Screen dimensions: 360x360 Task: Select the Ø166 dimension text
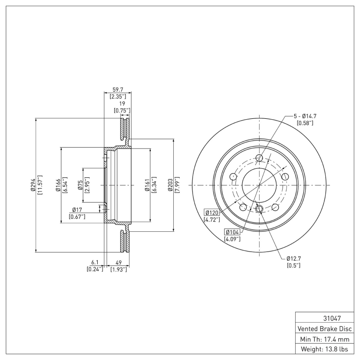coord(58,185)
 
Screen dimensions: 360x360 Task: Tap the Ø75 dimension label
coord(81,185)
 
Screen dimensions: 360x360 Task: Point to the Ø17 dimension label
coord(77,210)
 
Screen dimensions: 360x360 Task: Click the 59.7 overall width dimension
coord(118,89)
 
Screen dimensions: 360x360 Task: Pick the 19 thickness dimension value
coord(121,103)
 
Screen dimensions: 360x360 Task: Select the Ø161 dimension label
coord(147,185)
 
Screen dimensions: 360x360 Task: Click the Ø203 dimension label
coord(171,185)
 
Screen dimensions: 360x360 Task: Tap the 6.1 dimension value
coord(95,262)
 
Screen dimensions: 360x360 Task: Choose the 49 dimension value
coord(119,262)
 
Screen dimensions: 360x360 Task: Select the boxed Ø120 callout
coord(212,212)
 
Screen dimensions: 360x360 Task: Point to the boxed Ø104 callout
coord(232,232)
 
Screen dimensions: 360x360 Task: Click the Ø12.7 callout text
coord(294,258)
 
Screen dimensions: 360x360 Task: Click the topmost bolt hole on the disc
coord(259,157)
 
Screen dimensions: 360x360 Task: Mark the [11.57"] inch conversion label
coord(40,185)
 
